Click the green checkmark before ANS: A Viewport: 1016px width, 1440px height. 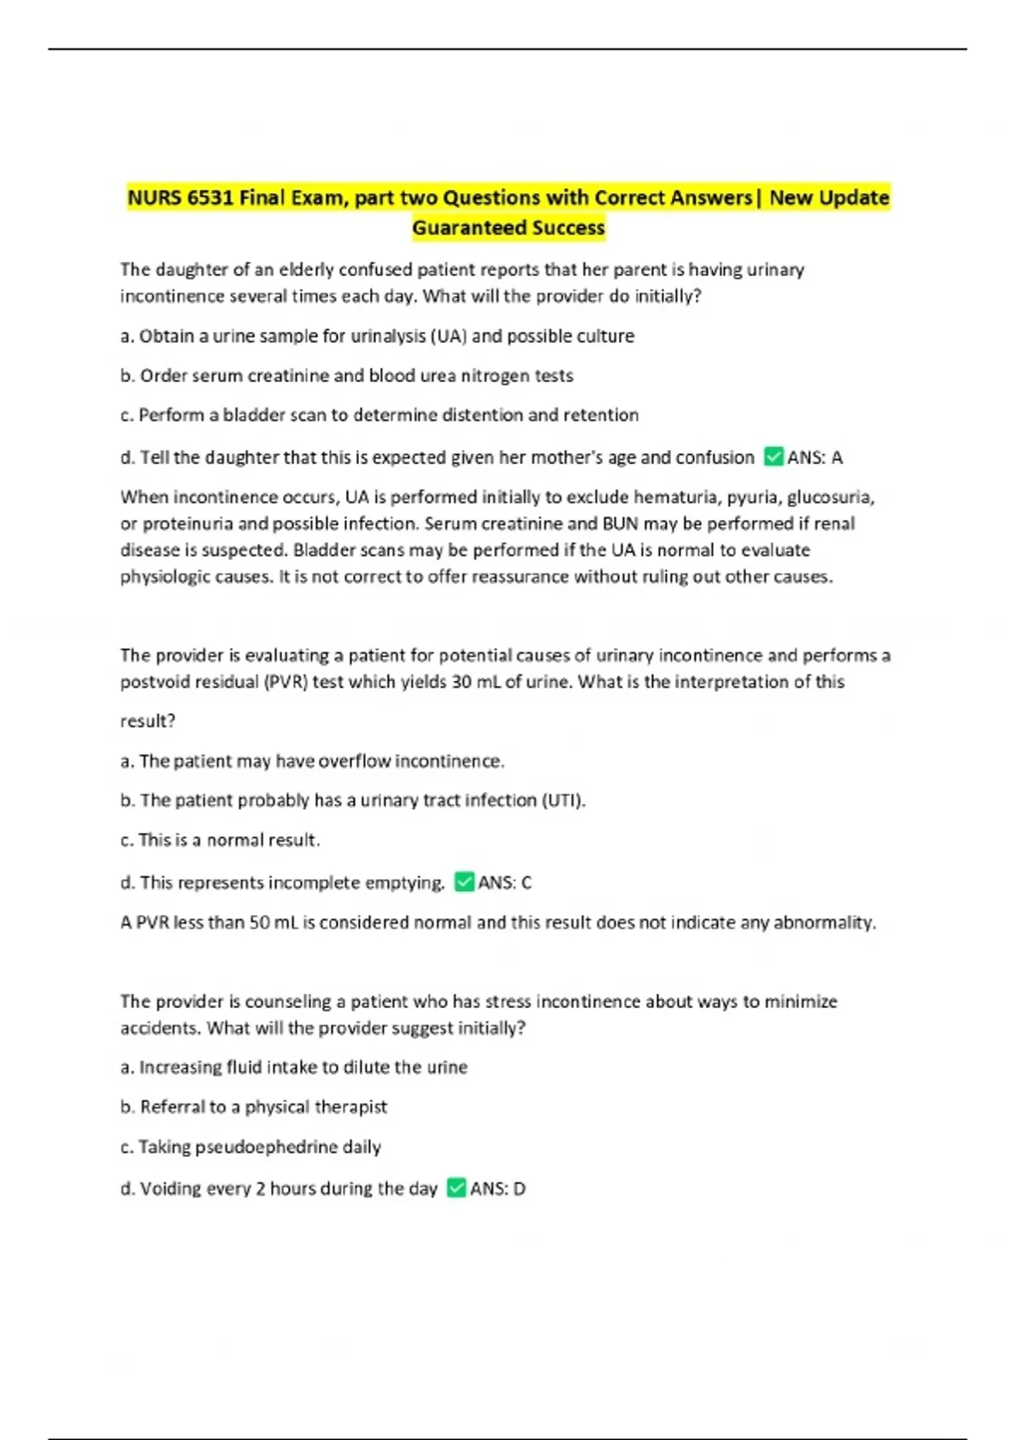pyautogui.click(x=773, y=457)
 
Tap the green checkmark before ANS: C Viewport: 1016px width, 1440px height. pyautogui.click(x=464, y=883)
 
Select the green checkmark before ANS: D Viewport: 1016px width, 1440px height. pyautogui.click(x=456, y=1188)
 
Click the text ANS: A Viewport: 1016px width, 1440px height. pyautogui.click(x=814, y=458)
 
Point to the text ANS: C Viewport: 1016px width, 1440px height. pyautogui.click(x=505, y=883)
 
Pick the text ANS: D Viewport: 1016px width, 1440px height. pyautogui.click(x=498, y=1189)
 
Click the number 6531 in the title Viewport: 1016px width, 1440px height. pyautogui.click(x=210, y=198)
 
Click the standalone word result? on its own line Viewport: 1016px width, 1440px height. pyautogui.click(x=148, y=722)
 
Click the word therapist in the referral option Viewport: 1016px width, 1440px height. pyautogui.click(x=351, y=1107)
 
